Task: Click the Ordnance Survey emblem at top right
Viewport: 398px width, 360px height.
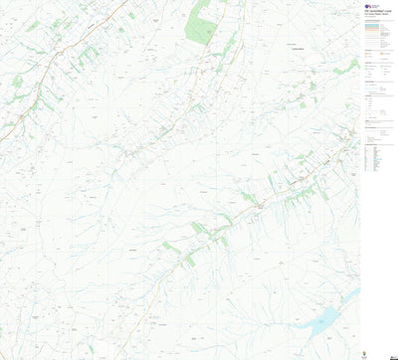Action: click(x=366, y=6)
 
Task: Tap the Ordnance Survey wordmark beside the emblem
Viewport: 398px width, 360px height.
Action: click(x=374, y=6)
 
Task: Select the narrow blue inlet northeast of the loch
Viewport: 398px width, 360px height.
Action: click(x=350, y=295)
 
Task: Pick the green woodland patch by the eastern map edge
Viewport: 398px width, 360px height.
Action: click(x=352, y=65)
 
